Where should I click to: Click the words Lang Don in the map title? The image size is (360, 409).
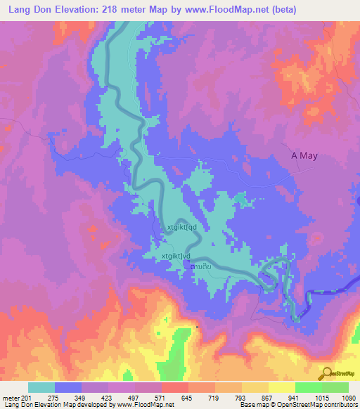(x=32, y=9)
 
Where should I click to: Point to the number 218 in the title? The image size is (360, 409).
(x=119, y=9)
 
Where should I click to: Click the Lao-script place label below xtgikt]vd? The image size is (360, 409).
(x=201, y=268)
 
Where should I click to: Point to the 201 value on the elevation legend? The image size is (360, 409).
(x=27, y=397)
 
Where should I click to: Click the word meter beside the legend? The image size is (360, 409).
(x=11, y=397)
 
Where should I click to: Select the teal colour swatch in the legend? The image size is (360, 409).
(x=41, y=387)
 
